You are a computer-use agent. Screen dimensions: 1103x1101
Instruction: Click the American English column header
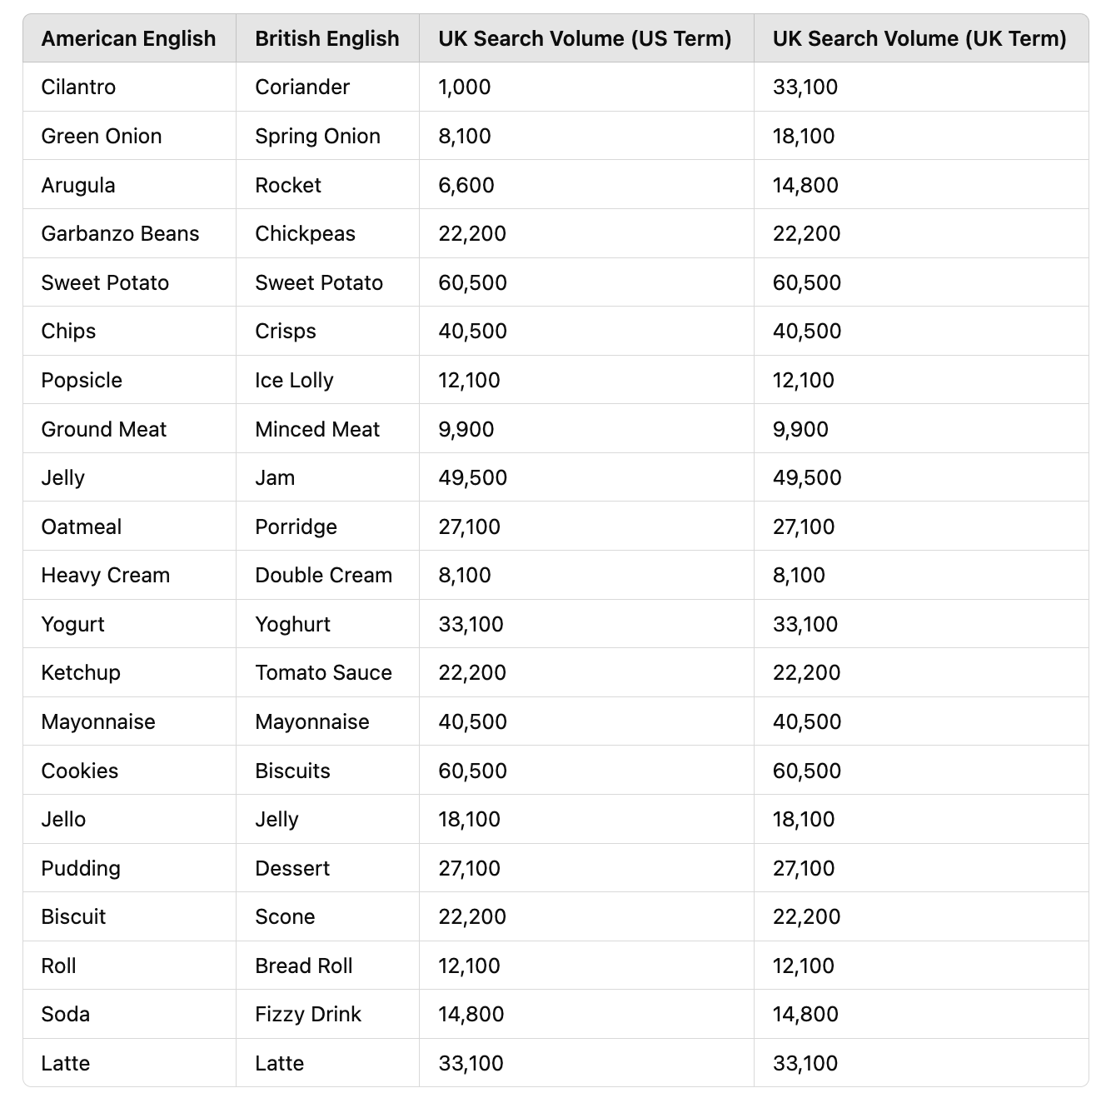point(128,38)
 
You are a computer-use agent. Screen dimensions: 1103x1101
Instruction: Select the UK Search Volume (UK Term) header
point(919,38)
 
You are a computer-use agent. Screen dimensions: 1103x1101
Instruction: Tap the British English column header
point(326,38)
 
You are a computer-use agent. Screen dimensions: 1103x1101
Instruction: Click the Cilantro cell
point(78,87)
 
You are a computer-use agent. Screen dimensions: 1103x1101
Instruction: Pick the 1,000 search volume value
point(465,87)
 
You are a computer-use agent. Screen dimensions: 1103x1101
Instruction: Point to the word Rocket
point(288,185)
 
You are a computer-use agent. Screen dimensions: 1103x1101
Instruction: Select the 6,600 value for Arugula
point(466,185)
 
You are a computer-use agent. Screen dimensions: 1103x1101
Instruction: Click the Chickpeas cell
point(305,233)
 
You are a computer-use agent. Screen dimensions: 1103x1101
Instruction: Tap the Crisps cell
point(286,331)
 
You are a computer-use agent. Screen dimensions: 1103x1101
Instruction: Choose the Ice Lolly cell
point(294,380)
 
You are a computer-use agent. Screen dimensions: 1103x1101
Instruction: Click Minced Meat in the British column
point(317,429)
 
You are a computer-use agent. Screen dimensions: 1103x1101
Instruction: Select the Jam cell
point(275,477)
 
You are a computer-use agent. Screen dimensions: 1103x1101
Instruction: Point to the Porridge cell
point(296,527)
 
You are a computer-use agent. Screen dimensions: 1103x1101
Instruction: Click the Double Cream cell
point(323,575)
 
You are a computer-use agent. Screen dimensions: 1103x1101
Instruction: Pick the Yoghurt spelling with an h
point(292,624)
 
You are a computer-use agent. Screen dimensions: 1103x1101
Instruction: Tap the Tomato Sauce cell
point(323,672)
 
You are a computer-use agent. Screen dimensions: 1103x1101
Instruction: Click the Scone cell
point(285,916)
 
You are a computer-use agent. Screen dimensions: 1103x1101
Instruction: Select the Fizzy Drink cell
point(308,1014)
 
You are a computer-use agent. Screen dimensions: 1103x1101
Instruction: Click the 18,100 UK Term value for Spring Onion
point(804,136)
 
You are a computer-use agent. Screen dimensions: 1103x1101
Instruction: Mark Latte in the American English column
point(65,1063)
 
